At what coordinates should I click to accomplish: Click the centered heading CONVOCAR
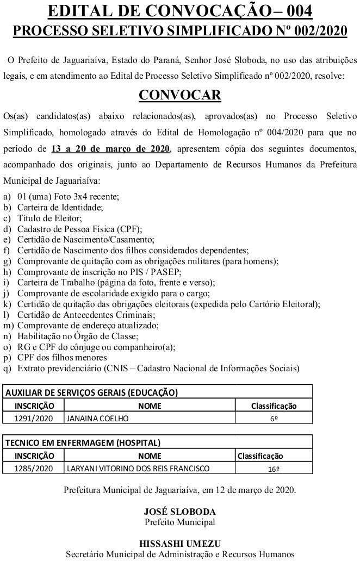(179, 95)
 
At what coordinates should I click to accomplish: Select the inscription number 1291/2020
(34, 419)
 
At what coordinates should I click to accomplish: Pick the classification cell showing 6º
(274, 419)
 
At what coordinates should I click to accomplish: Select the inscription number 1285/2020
(34, 469)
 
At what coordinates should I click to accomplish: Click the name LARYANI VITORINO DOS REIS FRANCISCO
(138, 469)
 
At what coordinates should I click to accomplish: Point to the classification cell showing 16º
(274, 469)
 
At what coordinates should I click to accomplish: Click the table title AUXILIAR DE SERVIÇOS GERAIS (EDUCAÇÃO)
(91, 392)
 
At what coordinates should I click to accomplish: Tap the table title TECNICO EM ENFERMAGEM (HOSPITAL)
(83, 442)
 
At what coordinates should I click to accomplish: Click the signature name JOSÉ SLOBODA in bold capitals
(179, 512)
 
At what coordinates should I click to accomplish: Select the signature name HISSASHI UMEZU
(179, 544)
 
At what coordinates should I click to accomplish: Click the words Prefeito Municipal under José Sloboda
(179, 522)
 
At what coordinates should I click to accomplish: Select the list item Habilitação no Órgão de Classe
(70, 336)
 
